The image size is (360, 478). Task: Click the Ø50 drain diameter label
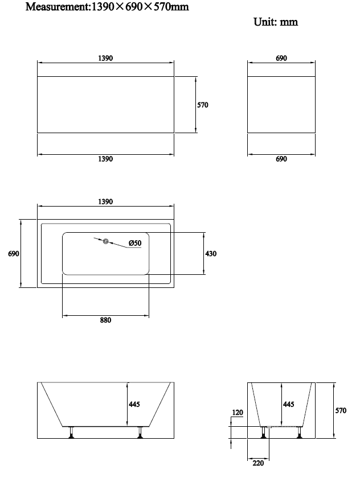coord(135,243)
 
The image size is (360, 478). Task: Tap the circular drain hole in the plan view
coord(105,242)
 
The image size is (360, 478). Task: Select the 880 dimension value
coord(105,320)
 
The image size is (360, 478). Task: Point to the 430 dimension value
coord(211,254)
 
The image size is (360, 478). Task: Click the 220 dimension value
coord(258,463)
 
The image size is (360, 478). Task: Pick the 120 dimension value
coord(238,413)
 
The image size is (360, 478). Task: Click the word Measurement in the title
coord(57,7)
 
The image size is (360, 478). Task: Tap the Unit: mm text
coord(276,22)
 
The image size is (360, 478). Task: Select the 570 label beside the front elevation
coord(203,105)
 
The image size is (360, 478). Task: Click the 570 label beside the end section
coord(341,411)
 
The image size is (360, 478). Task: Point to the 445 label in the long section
coord(134,404)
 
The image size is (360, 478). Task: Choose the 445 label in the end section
coord(289,404)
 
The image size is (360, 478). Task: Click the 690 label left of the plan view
coord(14,254)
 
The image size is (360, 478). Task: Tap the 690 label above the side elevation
coord(281,58)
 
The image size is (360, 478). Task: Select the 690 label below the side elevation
coord(281,159)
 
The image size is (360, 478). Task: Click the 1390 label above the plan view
coord(105,201)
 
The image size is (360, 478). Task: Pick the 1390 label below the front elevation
coord(105,159)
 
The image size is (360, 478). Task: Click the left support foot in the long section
coord(72,432)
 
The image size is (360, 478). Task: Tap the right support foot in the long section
coord(140,432)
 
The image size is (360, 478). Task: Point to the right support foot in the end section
coord(300,432)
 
